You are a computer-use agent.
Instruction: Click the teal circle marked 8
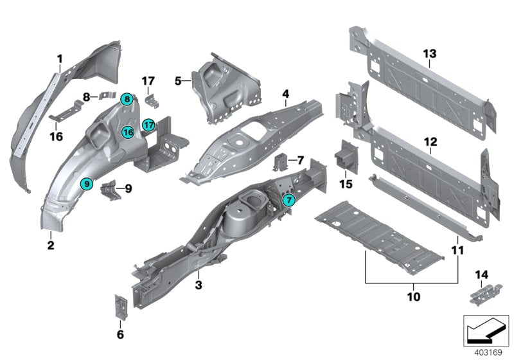[127, 99]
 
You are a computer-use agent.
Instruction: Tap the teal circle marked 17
[148, 124]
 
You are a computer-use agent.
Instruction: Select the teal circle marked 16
[128, 132]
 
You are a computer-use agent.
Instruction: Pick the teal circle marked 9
[87, 184]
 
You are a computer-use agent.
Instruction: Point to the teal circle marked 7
[289, 201]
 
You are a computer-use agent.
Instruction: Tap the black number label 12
[430, 141]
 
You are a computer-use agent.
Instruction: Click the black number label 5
[179, 81]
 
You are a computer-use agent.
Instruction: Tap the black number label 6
[120, 334]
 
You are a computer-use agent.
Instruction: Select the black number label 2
[49, 244]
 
